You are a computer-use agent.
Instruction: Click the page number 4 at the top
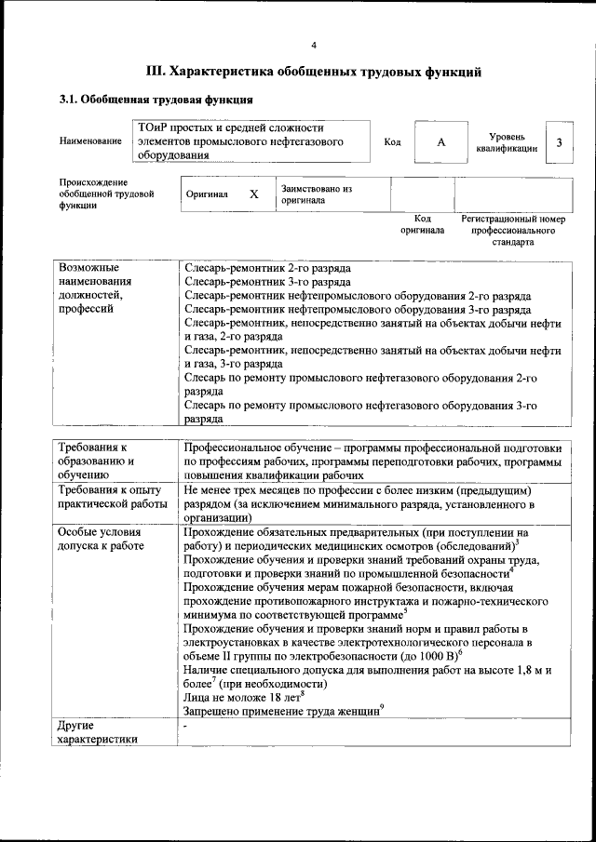tap(314, 45)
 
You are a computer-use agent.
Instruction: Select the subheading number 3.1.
tap(69, 100)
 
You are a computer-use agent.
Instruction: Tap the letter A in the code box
tap(440, 141)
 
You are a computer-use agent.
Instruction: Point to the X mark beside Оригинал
tap(253, 195)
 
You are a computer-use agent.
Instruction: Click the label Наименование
tap(90, 141)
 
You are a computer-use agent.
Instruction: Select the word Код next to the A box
tap(392, 141)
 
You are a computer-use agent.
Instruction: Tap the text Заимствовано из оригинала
tap(316, 194)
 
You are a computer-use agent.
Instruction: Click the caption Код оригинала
tap(422, 224)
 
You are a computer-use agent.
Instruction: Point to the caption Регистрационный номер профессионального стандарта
tap(514, 230)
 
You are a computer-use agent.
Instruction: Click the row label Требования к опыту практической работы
tap(110, 496)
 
